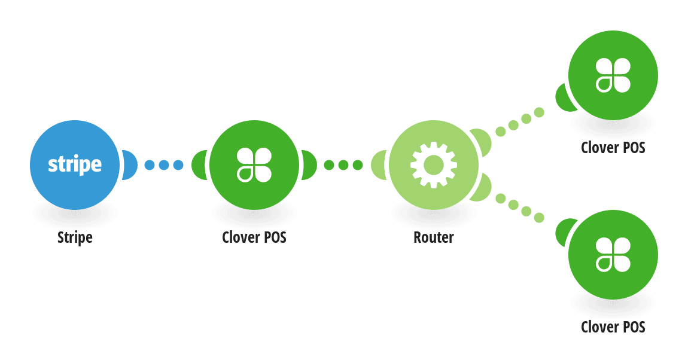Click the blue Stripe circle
tap(75, 165)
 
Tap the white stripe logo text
tap(75, 165)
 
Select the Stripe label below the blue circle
tap(75, 237)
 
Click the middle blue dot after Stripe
tap(164, 165)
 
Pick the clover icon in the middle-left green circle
tap(254, 165)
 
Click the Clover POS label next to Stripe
tap(254, 237)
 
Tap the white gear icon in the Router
tap(434, 165)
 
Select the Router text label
tap(434, 237)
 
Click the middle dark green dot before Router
tap(343, 165)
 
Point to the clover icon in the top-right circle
tap(613, 75)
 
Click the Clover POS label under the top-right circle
tap(613, 148)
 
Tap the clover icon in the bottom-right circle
tap(613, 255)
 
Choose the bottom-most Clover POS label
tap(613, 327)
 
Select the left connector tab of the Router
tap(378, 165)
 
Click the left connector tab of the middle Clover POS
tap(199, 165)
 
